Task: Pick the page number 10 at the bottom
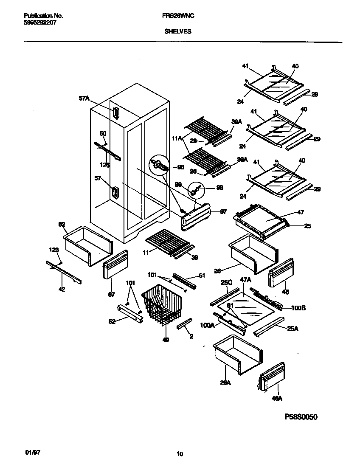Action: click(x=180, y=454)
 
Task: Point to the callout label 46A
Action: click(x=277, y=398)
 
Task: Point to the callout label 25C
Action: click(x=226, y=281)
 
